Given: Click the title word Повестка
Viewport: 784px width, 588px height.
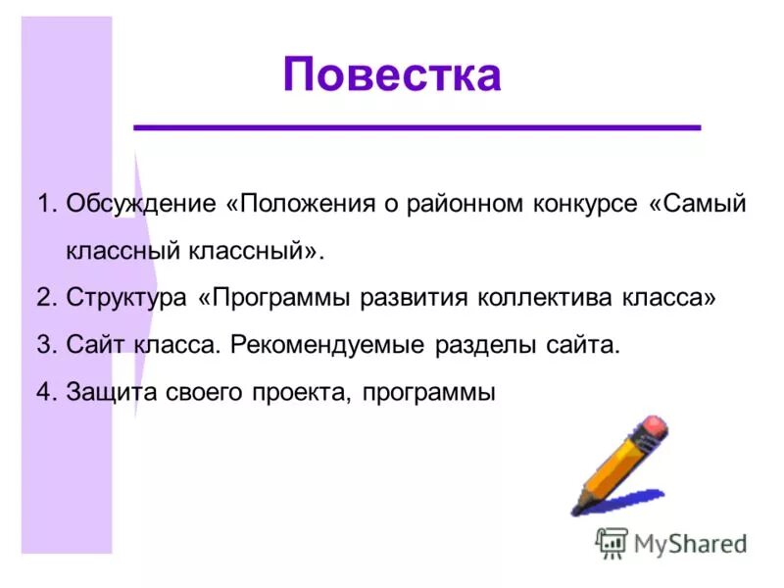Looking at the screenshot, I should pos(392,75).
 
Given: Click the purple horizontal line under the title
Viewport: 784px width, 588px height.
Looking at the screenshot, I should pos(417,127).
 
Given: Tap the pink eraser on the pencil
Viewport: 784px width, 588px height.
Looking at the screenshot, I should pos(652,428).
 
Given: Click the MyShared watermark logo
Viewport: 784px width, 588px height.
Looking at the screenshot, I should pos(671,542).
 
